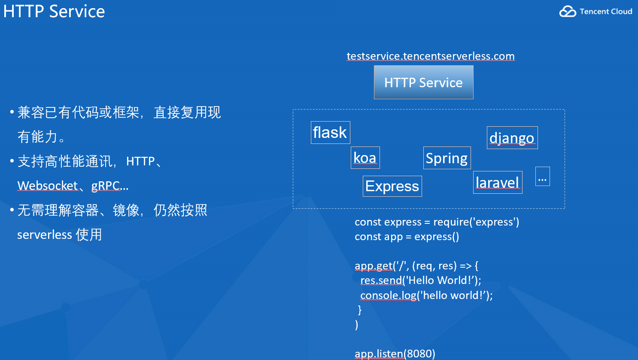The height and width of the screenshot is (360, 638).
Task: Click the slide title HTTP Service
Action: (54, 11)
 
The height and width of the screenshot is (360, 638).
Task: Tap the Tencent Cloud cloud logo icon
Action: (568, 12)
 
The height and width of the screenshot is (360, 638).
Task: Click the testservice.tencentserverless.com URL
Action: (431, 56)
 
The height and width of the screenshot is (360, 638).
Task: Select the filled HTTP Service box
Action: (423, 82)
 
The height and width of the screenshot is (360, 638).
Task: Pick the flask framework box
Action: (330, 132)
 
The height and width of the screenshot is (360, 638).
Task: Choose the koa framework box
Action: (365, 158)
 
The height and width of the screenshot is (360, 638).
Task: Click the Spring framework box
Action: (447, 158)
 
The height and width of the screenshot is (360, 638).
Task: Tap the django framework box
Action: (512, 138)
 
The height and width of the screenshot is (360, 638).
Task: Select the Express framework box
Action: (392, 186)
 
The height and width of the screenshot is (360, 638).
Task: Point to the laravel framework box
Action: (498, 183)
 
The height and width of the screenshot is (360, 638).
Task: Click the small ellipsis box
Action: (542, 177)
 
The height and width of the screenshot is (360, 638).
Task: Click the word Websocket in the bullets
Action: (47, 186)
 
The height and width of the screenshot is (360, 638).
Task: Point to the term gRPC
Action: (106, 186)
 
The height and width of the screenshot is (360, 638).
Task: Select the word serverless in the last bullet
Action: (45, 235)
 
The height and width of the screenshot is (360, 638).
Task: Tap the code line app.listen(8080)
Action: (395, 354)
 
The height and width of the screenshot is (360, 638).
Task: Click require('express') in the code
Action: (476, 222)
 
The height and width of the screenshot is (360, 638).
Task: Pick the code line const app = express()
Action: (407, 237)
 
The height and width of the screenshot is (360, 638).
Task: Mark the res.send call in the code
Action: (381, 281)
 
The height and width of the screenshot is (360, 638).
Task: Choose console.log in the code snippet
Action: (388, 296)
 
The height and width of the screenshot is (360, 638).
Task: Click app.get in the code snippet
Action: (374, 266)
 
